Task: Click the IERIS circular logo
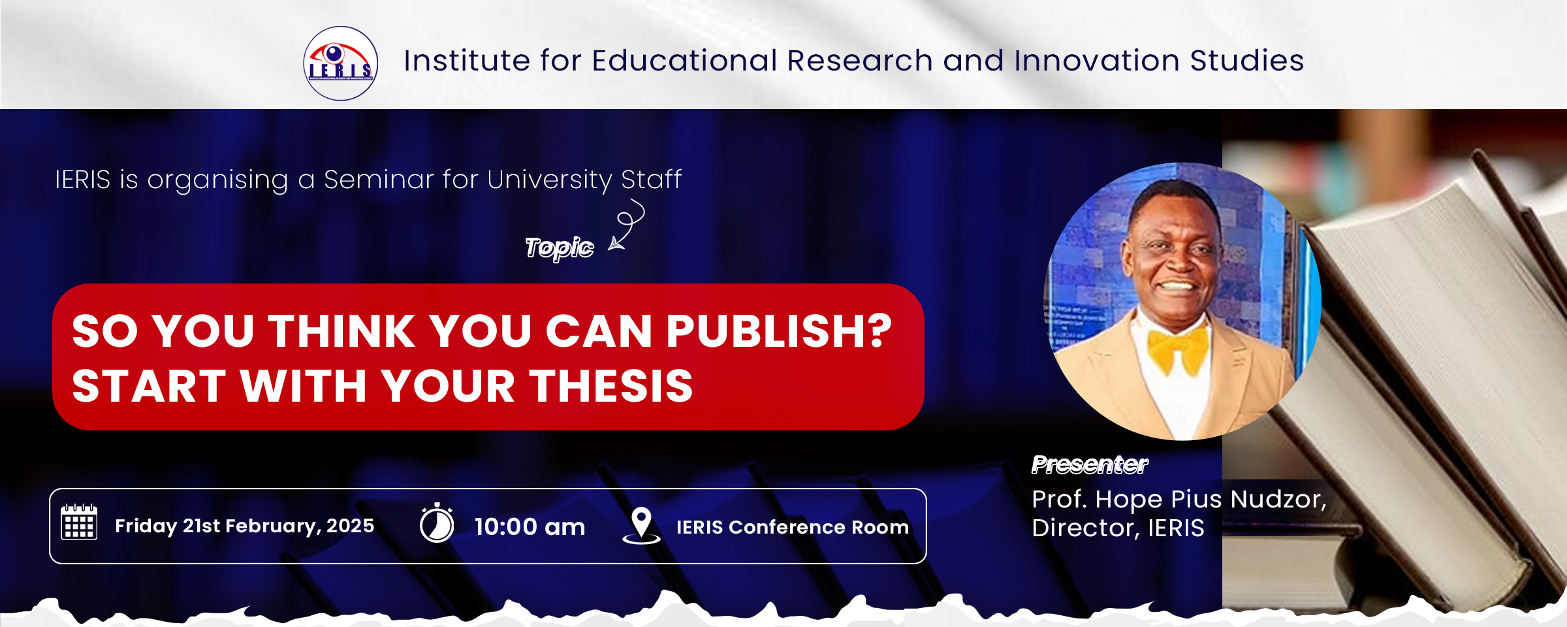pyautogui.click(x=340, y=63)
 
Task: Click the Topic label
pyautogui.click(x=560, y=248)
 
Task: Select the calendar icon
pyautogui.click(x=79, y=522)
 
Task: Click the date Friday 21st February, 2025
pyautogui.click(x=245, y=526)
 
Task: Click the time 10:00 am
pyautogui.click(x=530, y=526)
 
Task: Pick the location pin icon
pyautogui.click(x=641, y=525)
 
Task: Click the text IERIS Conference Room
pyautogui.click(x=793, y=527)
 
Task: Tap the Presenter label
pyautogui.click(x=1090, y=464)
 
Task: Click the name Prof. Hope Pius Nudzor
pyautogui.click(x=1179, y=499)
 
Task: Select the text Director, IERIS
pyautogui.click(x=1118, y=528)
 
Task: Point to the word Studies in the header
pyautogui.click(x=1247, y=60)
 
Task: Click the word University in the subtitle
pyautogui.click(x=550, y=180)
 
